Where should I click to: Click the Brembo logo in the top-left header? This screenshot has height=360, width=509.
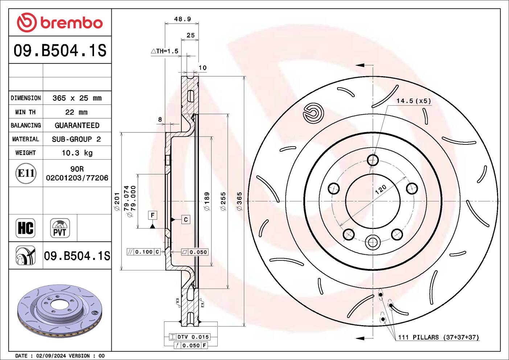pyautogui.click(x=60, y=22)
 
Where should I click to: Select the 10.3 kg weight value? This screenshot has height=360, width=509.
pyautogui.click(x=77, y=153)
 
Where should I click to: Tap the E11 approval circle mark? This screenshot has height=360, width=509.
pyautogui.click(x=26, y=173)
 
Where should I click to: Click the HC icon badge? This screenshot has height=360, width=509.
pyautogui.click(x=25, y=228)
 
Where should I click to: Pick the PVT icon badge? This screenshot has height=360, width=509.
pyautogui.click(x=60, y=228)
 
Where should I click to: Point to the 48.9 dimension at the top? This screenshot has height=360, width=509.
pyautogui.click(x=182, y=19)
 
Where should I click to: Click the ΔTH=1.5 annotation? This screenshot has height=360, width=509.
pyautogui.click(x=164, y=51)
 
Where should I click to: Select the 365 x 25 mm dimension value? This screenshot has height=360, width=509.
pyautogui.click(x=77, y=98)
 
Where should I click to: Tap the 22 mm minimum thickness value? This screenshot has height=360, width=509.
pyautogui.click(x=76, y=112)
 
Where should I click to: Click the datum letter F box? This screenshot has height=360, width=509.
pyautogui.click(x=152, y=215)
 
